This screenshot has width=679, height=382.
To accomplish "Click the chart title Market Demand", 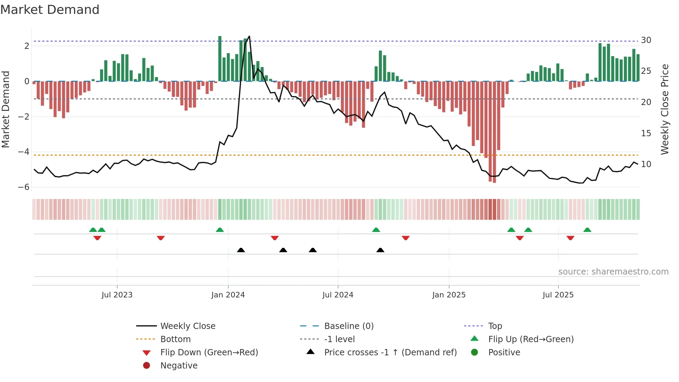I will tap(50, 10).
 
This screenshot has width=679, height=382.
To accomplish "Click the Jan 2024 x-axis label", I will tap(228, 295).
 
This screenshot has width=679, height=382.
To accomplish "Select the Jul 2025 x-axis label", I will tap(558, 295).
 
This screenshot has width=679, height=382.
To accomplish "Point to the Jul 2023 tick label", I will tap(117, 295).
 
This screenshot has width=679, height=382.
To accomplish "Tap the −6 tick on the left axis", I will tap(24, 187).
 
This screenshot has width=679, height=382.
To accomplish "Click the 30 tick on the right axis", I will tap(646, 40).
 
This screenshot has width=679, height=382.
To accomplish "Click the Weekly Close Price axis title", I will tap(665, 109).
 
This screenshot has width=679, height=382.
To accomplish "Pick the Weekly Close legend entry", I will tap(187, 326).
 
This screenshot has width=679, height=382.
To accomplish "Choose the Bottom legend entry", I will tap(175, 339).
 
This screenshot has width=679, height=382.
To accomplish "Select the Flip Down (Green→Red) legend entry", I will tap(209, 353).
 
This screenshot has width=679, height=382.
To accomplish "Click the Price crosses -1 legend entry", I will tap(390, 353).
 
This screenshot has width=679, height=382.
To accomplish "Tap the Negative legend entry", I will tap(179, 366).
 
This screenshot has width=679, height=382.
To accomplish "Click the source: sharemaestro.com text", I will tap(613, 272).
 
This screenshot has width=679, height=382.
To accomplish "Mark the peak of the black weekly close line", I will tap(249, 36).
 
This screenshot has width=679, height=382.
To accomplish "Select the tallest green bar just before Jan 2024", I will tap(220, 59).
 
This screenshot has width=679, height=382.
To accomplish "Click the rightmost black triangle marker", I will tap(380, 250).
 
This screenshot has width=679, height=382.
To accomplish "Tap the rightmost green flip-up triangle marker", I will tap(587, 230).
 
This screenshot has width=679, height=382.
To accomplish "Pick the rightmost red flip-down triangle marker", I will tap(571, 238).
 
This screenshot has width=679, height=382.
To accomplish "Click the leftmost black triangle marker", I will tap(241, 250).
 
